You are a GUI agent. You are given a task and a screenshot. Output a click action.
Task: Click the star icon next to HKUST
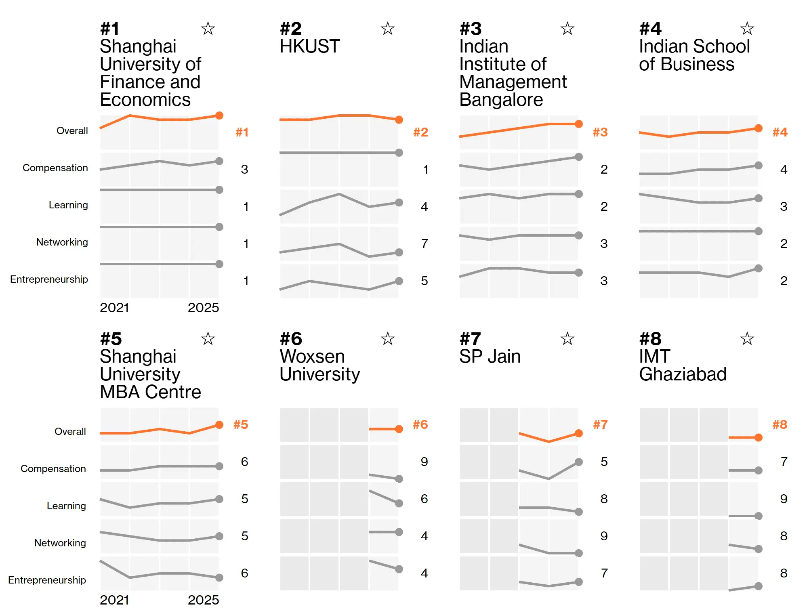click(387, 28)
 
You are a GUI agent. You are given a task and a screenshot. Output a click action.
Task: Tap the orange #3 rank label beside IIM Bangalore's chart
click(600, 132)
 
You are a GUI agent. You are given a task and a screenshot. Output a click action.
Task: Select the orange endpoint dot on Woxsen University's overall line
click(399, 429)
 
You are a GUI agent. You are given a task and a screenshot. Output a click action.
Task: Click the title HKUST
click(309, 46)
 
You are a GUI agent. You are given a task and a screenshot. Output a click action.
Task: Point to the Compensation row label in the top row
click(55, 168)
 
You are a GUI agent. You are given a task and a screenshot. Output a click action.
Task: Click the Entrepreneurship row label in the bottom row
click(47, 580)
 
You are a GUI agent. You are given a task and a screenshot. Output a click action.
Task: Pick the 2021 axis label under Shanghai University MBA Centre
click(114, 600)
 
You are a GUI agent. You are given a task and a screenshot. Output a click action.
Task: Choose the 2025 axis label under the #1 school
click(203, 308)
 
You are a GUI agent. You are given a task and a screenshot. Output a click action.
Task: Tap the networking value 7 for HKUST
click(424, 244)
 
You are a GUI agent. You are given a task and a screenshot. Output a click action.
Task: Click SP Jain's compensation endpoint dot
click(579, 462)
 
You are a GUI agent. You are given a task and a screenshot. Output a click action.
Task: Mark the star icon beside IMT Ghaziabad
click(747, 338)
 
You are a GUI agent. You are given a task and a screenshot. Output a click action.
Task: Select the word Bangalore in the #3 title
click(501, 100)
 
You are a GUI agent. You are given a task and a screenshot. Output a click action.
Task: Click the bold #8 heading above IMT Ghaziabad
click(650, 338)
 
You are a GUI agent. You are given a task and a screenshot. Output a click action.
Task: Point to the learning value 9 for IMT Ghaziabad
click(784, 499)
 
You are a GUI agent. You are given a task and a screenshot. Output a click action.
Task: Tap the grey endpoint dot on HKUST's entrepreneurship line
click(399, 281)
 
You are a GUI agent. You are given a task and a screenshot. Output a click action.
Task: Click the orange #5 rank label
click(241, 424)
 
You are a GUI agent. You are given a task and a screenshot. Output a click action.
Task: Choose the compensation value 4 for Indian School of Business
click(784, 169)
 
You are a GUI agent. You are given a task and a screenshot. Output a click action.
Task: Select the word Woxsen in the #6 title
click(312, 357)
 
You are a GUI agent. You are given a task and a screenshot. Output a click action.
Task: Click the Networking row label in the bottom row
click(60, 543)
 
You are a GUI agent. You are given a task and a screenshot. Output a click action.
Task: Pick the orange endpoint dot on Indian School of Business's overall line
click(759, 128)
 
